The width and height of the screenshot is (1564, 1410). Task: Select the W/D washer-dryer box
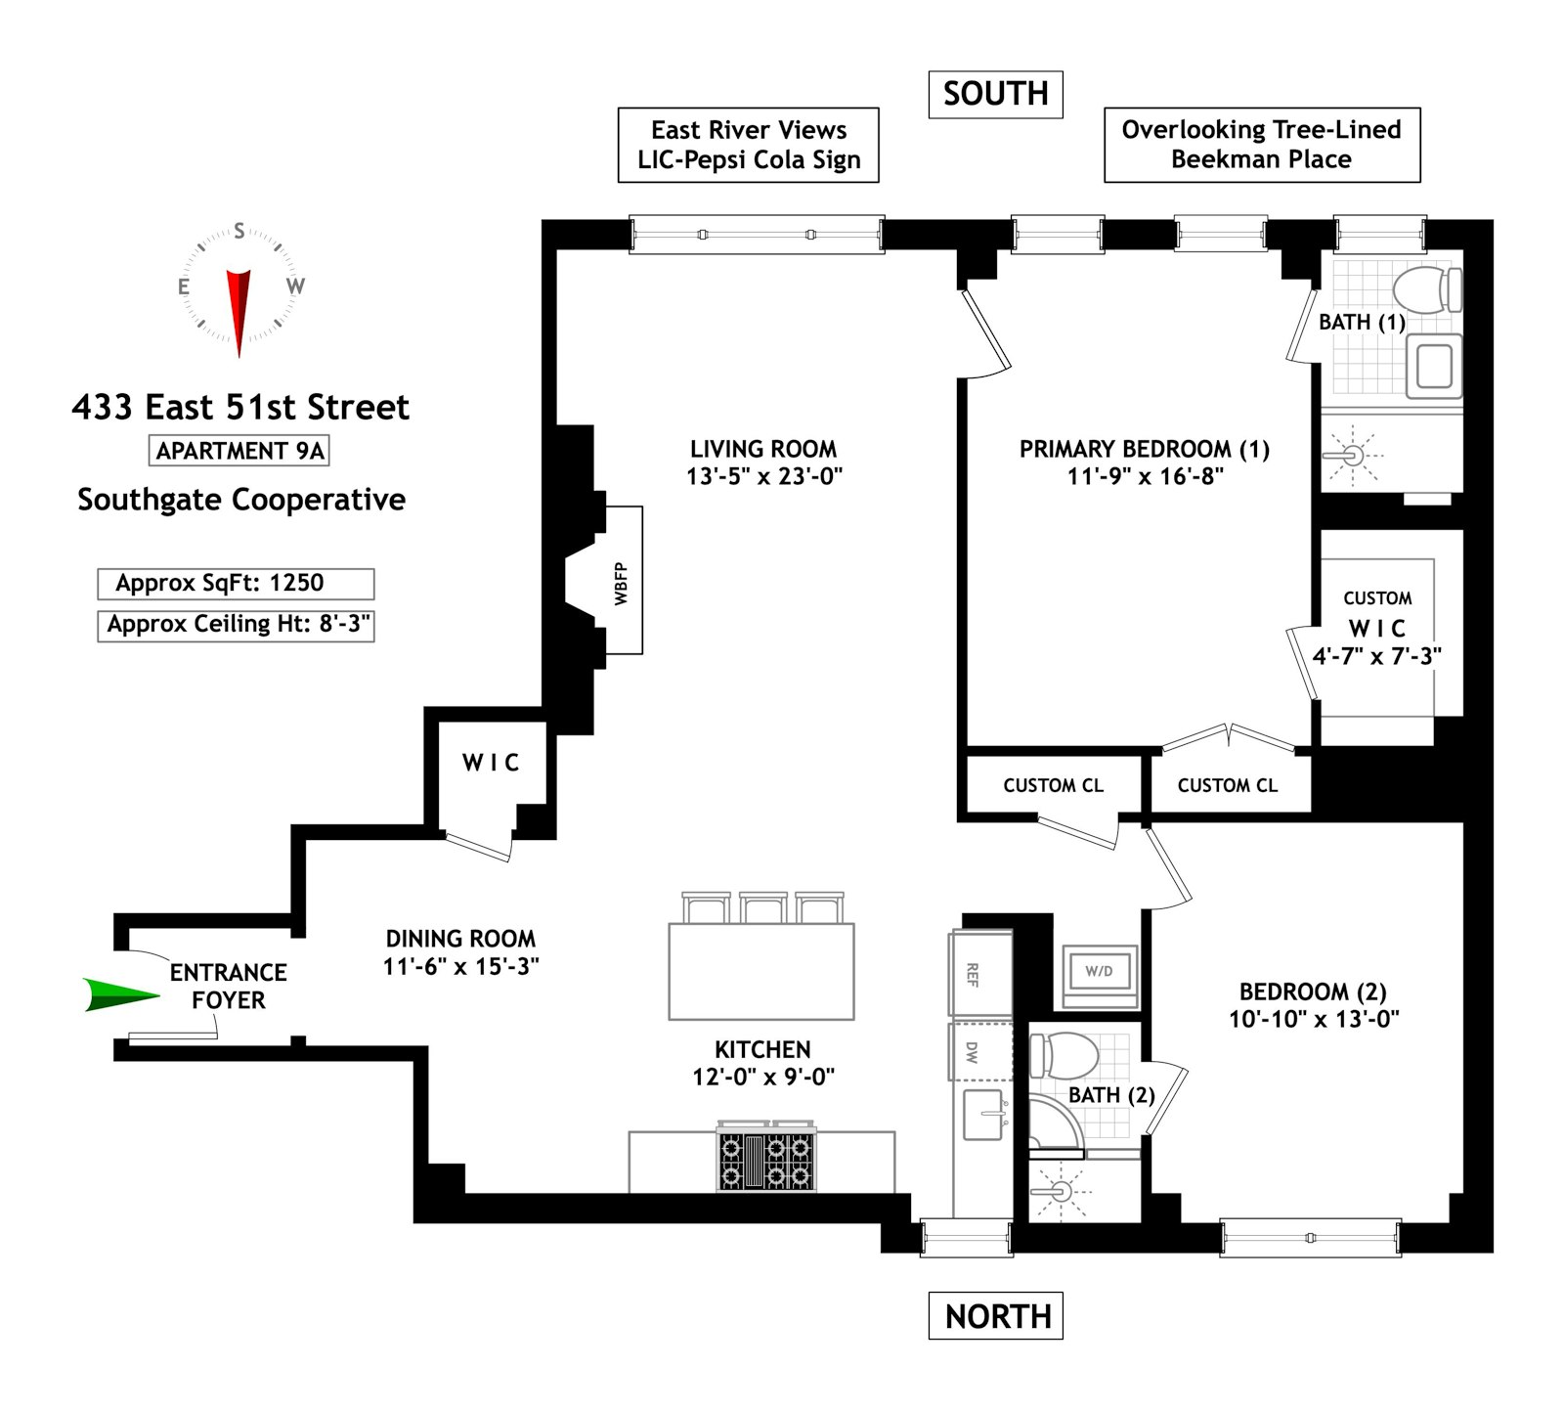[x=1099, y=972]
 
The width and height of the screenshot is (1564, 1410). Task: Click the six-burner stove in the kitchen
[x=766, y=1158]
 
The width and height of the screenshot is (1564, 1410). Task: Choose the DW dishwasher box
[x=973, y=1052]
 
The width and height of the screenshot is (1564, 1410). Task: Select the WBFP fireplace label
[x=623, y=583]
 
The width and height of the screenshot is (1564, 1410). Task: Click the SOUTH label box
[x=995, y=95]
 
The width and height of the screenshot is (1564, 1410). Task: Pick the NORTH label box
[x=995, y=1315]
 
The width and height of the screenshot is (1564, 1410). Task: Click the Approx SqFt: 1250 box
[x=236, y=584]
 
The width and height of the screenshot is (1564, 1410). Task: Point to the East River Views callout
[x=748, y=145]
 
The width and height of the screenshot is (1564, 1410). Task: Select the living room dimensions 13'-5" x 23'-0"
[x=763, y=477]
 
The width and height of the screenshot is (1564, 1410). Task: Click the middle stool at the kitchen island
[x=763, y=907]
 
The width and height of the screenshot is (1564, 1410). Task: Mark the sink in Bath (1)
[x=1433, y=368]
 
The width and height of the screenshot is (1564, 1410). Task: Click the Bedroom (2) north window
[x=1310, y=1237]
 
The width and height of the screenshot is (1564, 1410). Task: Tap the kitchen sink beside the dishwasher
[x=983, y=1115]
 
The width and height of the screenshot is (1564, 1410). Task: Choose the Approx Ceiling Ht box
[x=236, y=625]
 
